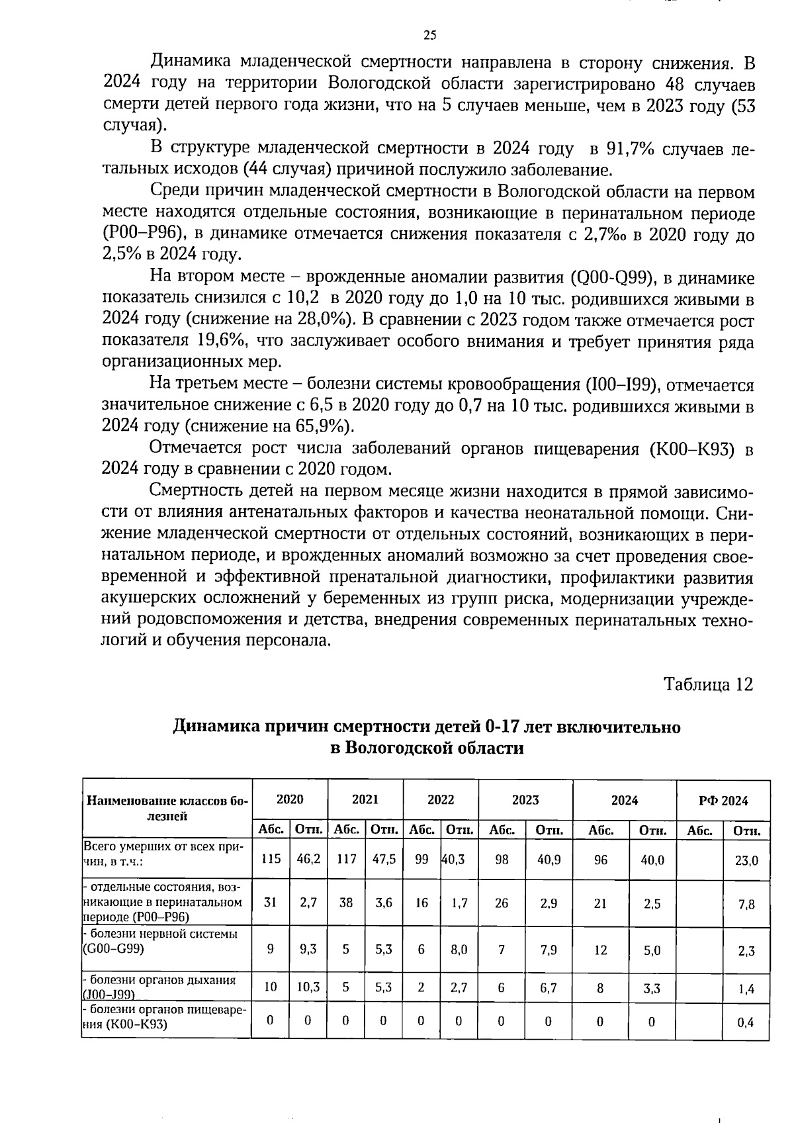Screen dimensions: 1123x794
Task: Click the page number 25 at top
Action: [429, 35]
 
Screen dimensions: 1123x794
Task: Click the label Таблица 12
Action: [708, 684]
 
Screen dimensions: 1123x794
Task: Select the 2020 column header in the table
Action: [289, 799]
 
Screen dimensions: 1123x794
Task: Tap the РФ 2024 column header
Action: [723, 801]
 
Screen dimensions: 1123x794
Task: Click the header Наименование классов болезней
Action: [167, 808]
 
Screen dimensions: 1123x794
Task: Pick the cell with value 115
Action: [271, 859]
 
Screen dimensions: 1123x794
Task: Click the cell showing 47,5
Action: [384, 859]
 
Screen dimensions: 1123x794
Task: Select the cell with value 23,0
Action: [746, 861]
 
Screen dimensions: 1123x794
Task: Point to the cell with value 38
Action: [346, 903]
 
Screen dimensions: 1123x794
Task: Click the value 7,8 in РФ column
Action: [746, 905]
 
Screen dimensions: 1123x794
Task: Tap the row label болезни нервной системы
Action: [162, 934]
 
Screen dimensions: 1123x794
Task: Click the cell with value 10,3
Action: [308, 987]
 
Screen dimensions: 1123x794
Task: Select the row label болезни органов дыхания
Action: [162, 980]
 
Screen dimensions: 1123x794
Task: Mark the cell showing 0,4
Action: [746, 1022]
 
